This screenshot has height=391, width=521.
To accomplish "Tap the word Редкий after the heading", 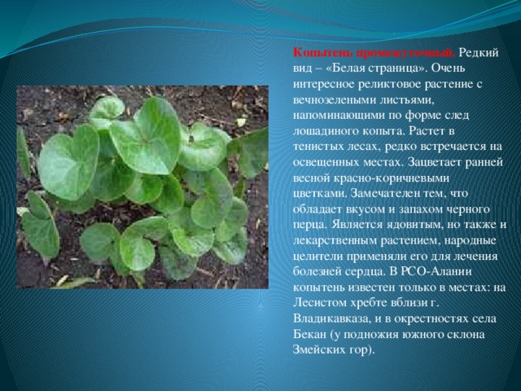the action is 479,53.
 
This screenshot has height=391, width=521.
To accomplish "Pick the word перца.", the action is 310,226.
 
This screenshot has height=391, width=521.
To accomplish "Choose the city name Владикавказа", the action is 331,319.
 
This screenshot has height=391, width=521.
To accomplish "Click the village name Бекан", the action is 309,334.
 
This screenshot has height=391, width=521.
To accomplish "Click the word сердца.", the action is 364,272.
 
